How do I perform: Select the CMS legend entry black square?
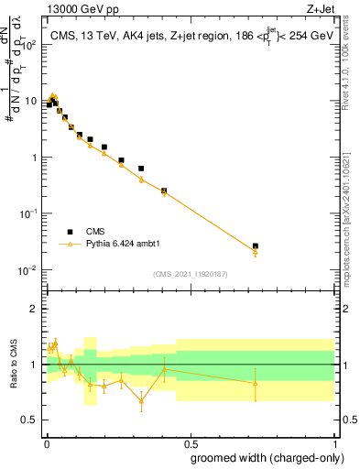(71, 232)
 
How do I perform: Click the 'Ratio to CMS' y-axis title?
(15, 365)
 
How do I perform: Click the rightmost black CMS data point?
(256, 246)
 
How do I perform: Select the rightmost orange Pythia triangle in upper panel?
(256, 252)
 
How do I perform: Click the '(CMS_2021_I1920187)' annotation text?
(191, 274)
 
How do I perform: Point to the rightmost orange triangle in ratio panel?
(256, 383)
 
